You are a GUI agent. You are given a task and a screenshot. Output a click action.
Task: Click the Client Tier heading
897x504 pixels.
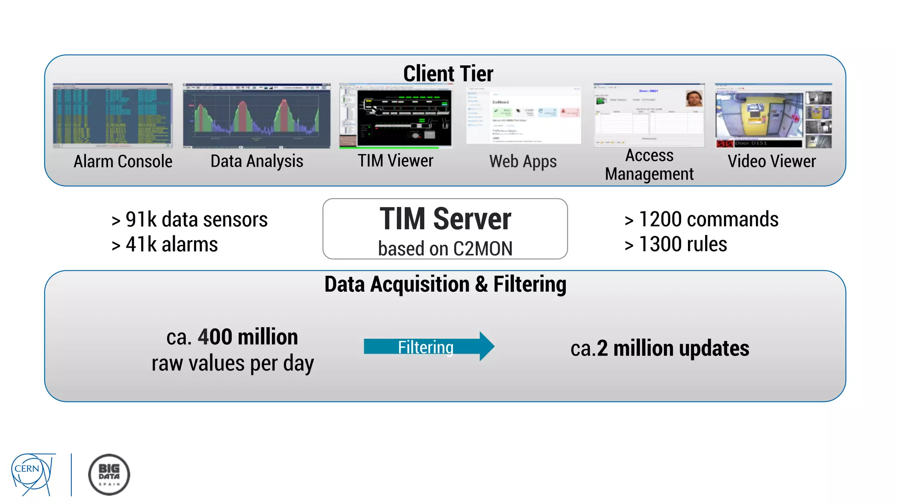click(x=448, y=73)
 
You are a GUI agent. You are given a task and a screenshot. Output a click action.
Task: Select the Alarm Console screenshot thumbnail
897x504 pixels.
click(x=113, y=116)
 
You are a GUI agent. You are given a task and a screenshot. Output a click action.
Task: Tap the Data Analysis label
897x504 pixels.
click(x=257, y=161)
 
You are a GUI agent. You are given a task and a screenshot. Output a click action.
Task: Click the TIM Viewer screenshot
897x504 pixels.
click(x=396, y=116)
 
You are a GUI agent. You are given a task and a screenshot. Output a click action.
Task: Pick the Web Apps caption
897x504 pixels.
click(x=523, y=161)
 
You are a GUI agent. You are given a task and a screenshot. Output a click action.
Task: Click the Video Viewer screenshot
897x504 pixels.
click(x=773, y=116)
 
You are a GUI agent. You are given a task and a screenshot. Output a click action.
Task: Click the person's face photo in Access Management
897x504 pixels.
click(x=694, y=98)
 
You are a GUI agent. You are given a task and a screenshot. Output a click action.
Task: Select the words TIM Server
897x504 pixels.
click(x=445, y=219)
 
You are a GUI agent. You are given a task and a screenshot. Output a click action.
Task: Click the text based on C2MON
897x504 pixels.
click(x=445, y=248)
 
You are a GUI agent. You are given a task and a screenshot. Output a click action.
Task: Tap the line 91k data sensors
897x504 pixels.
click(x=190, y=220)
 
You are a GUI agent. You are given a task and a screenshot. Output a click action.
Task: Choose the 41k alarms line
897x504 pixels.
click(x=165, y=245)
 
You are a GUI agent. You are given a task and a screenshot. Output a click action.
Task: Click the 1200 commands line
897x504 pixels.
click(x=702, y=219)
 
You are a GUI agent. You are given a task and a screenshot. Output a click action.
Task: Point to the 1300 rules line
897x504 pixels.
click(x=676, y=244)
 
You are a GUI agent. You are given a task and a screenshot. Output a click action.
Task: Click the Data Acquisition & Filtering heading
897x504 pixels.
click(x=445, y=284)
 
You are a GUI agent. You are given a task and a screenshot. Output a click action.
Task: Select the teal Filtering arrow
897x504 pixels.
click(x=428, y=346)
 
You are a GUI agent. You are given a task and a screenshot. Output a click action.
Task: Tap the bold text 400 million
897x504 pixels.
click(x=247, y=337)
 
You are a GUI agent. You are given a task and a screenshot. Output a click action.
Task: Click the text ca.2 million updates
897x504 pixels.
click(x=660, y=349)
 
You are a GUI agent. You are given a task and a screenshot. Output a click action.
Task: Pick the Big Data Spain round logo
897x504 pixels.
click(x=109, y=475)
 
